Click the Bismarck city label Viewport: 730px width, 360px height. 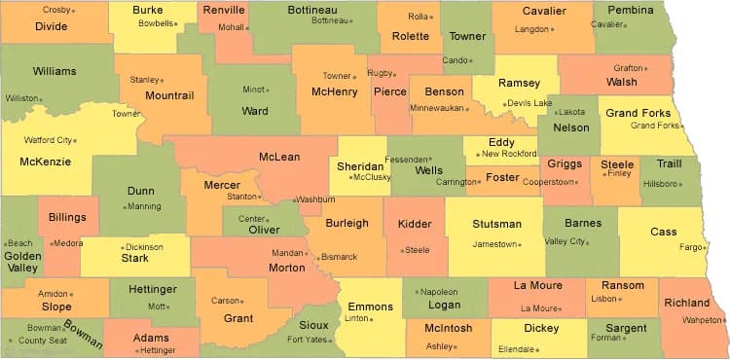tap(340, 257)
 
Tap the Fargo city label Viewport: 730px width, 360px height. tap(689, 247)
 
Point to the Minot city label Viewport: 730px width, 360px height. tap(253, 90)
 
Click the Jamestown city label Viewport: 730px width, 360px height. tap(494, 244)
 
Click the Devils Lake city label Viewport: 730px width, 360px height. tap(529, 102)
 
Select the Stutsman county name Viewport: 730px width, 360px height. tap(496, 224)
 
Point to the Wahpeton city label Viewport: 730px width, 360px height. tap(703, 319)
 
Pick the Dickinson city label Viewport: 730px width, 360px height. tap(144, 247)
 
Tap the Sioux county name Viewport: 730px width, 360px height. tap(313, 324)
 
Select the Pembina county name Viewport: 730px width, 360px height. tap(631, 10)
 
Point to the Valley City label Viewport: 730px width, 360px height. tap(564, 241)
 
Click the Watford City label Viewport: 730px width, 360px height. tap(47, 140)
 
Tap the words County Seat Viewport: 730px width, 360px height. tap(42, 341)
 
